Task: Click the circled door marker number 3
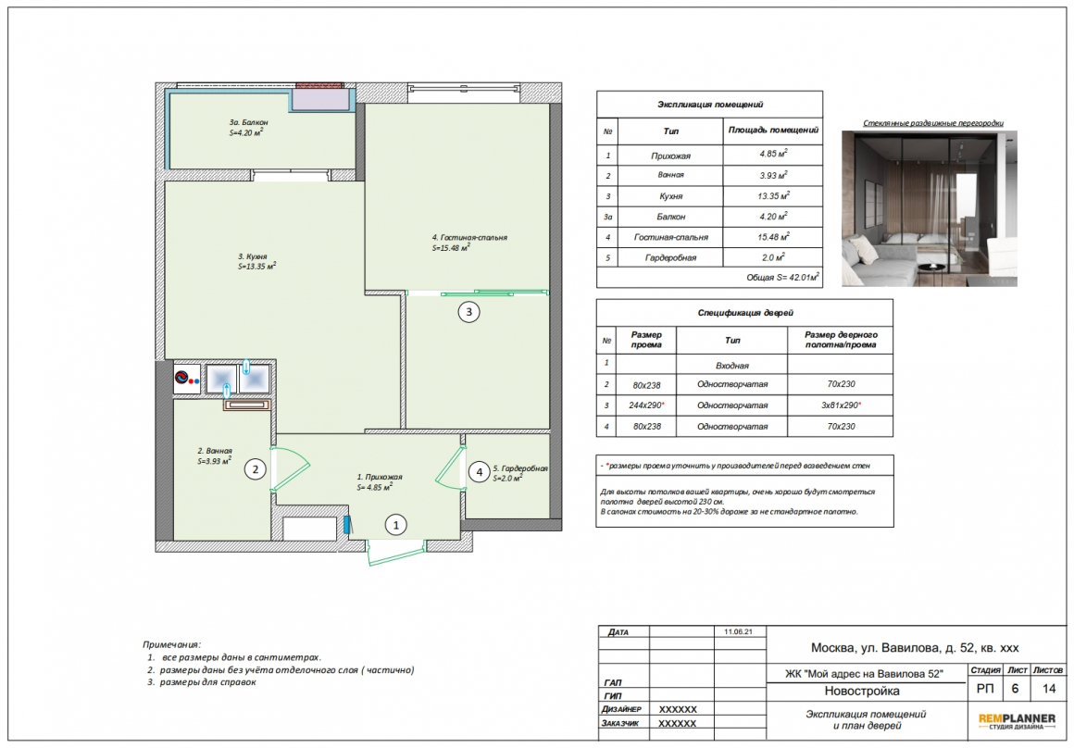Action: [468, 312]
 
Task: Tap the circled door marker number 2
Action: [256, 469]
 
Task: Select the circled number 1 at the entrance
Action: [395, 526]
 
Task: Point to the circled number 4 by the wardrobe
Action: [480, 472]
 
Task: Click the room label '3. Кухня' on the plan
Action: [253, 256]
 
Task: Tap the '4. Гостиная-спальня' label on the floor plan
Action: [470, 238]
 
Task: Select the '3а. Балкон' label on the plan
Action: [249, 122]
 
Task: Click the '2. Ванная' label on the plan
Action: [215, 452]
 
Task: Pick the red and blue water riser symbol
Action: [185, 378]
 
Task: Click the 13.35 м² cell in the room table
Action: [773, 196]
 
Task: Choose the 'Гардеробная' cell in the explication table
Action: [670, 257]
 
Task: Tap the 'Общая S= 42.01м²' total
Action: [783, 278]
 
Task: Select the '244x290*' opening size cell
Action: [646, 405]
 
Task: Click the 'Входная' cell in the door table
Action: [732, 366]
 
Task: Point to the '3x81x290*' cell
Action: [841, 405]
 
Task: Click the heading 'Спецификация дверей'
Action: [745, 313]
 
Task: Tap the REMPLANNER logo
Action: [1017, 720]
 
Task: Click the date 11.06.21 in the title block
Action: [738, 631]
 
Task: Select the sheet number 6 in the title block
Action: [1015, 689]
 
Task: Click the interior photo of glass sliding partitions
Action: [929, 208]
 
